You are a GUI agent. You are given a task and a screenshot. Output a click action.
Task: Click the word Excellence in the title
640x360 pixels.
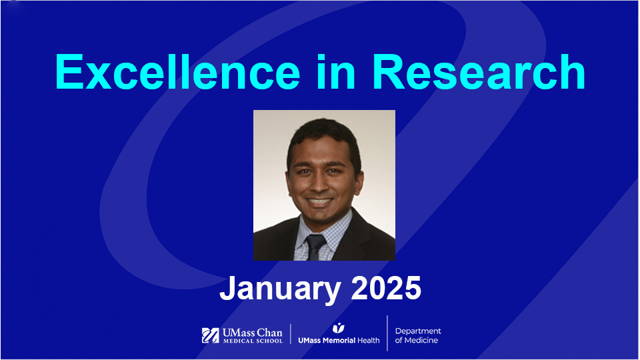tap(177, 71)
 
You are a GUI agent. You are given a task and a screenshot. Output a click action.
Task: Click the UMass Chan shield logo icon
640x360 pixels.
tap(211, 335)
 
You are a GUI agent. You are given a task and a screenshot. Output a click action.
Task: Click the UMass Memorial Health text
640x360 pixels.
tap(339, 340)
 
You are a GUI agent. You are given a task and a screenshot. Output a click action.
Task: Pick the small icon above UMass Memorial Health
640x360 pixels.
tap(338, 327)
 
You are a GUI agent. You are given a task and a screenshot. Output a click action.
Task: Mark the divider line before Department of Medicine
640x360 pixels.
tap(387, 333)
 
